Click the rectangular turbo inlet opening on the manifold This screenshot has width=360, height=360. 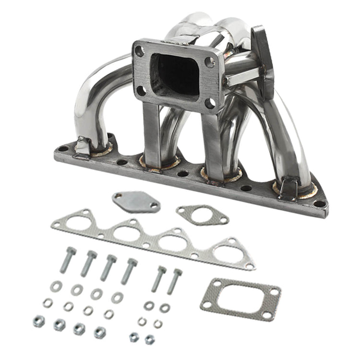click(x=175, y=74)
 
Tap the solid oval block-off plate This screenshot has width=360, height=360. click(x=136, y=201)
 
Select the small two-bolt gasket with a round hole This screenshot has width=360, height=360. click(x=202, y=214)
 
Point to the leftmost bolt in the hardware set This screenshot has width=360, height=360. click(x=68, y=260)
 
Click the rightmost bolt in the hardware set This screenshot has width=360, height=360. click(x=175, y=281)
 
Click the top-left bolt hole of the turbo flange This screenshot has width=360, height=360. click(x=140, y=49)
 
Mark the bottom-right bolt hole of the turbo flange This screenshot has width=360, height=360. click(x=210, y=102)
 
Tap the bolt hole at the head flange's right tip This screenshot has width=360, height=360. click(x=320, y=204)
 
